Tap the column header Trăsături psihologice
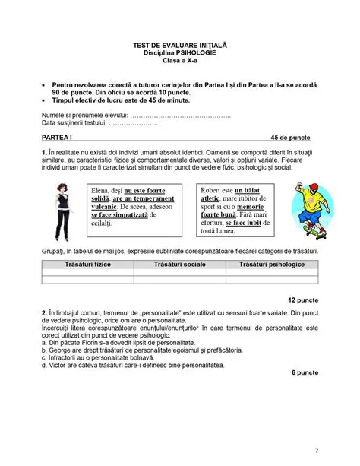271,263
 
